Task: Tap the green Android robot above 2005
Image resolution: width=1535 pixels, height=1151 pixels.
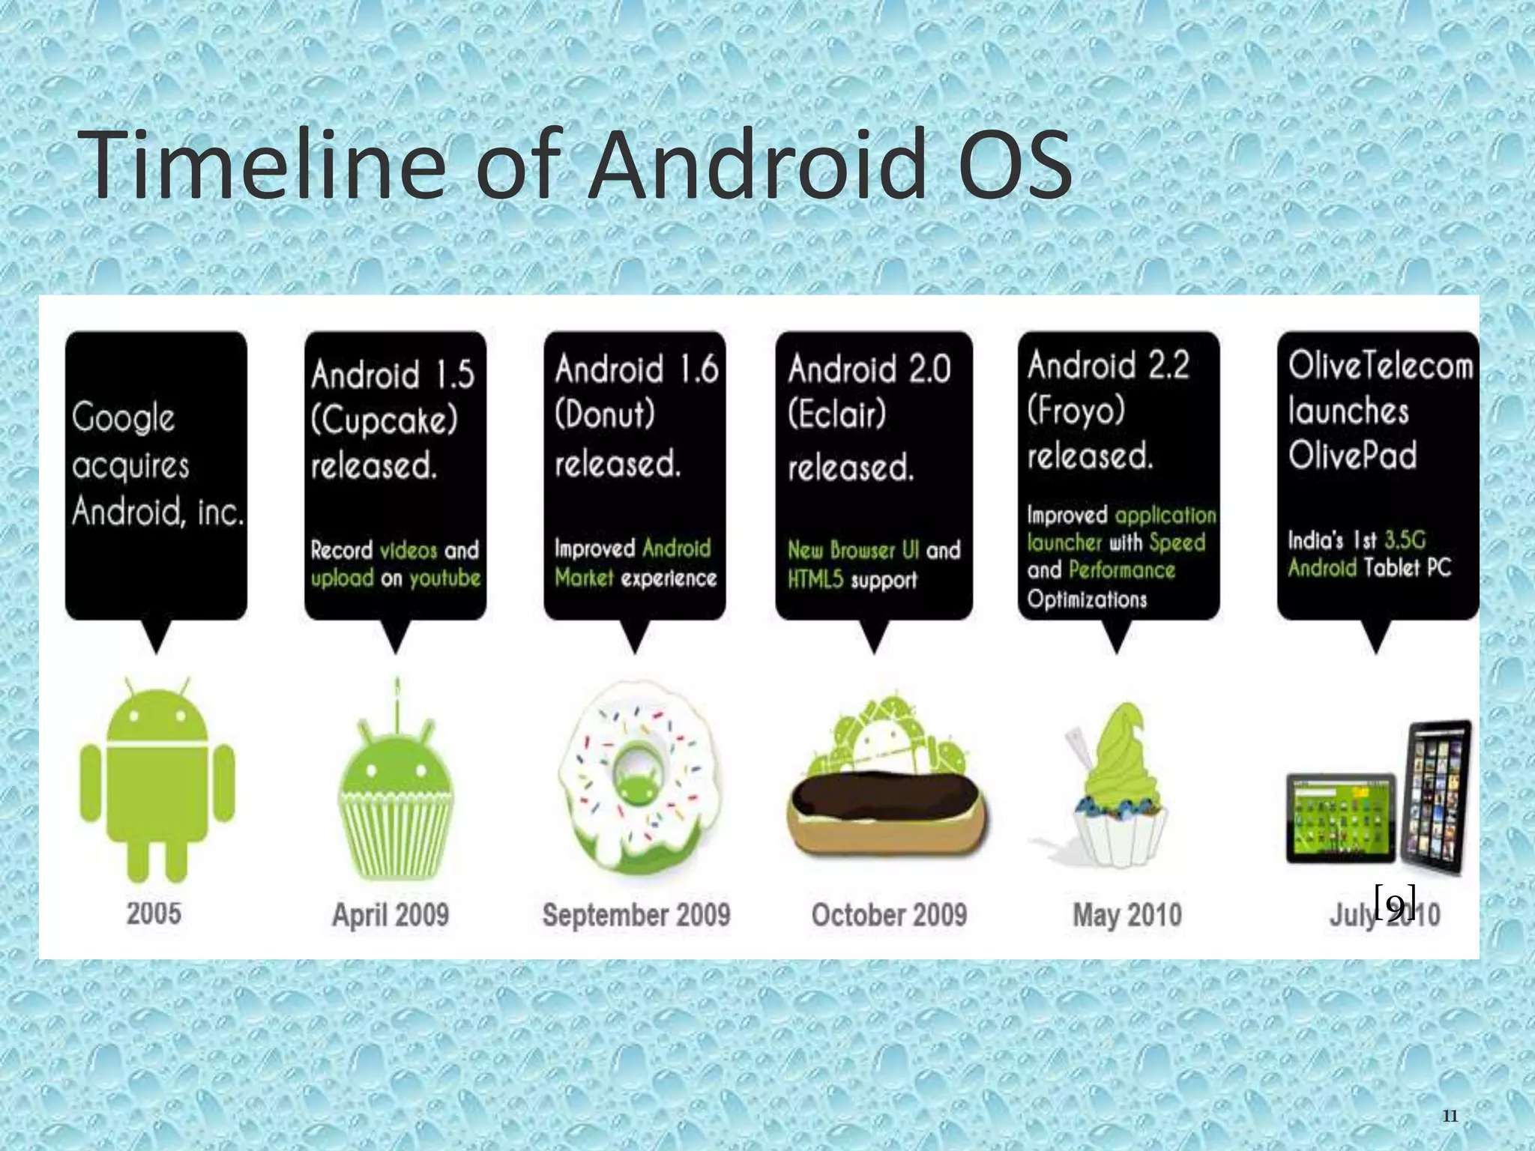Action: click(157, 779)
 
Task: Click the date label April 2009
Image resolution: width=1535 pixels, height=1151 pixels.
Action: click(390, 914)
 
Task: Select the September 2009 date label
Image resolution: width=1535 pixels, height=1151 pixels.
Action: click(636, 914)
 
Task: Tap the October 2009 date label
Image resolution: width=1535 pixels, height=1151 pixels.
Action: click(889, 914)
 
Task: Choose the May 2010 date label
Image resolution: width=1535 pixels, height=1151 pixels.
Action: click(1127, 914)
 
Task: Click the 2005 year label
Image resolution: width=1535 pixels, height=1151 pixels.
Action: click(154, 913)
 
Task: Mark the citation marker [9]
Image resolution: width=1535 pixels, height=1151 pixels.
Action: click(1395, 903)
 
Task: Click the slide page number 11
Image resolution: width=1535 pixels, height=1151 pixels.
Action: click(1450, 1117)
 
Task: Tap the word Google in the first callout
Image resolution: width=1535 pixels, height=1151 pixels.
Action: click(124, 418)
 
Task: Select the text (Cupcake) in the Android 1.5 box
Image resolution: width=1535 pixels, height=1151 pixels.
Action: click(384, 420)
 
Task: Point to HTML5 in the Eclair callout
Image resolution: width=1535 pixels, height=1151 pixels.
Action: click(815, 579)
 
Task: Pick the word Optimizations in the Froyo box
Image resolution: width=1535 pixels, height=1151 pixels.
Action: click(1087, 599)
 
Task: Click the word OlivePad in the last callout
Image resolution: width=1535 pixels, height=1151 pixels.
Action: click(1352, 455)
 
